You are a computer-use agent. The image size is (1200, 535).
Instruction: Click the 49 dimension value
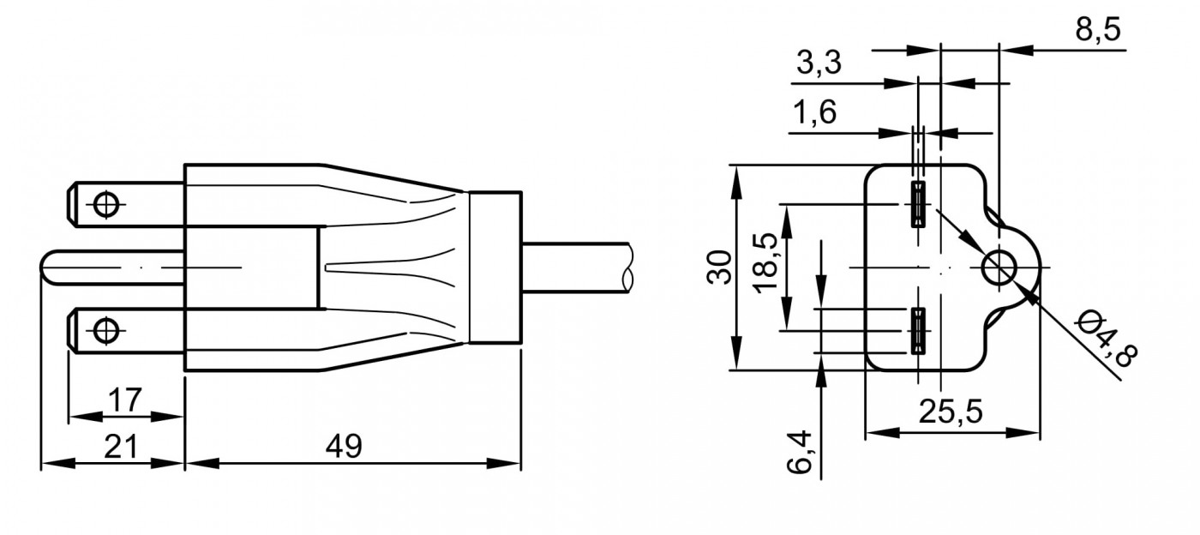(x=344, y=446)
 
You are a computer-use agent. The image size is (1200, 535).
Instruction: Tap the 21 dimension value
(x=121, y=446)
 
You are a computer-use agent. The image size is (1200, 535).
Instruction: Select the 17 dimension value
(x=125, y=400)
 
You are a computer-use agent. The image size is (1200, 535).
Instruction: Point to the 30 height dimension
(x=719, y=267)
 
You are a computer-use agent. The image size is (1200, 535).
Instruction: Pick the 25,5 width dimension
(x=951, y=412)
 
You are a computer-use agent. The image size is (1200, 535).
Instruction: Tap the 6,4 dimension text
(x=799, y=452)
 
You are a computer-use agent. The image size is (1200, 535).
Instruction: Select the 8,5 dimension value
(x=1098, y=29)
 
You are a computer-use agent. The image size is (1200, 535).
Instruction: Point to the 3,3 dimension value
(x=819, y=63)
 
